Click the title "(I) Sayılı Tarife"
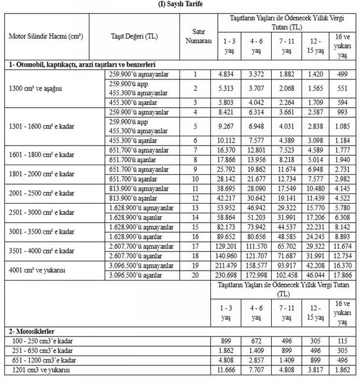pos(179,5)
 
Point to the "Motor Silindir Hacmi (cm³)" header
pos(46,36)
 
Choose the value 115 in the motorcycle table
pos(345,341)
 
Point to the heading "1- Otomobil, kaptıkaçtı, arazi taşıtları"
pos(85,64)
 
